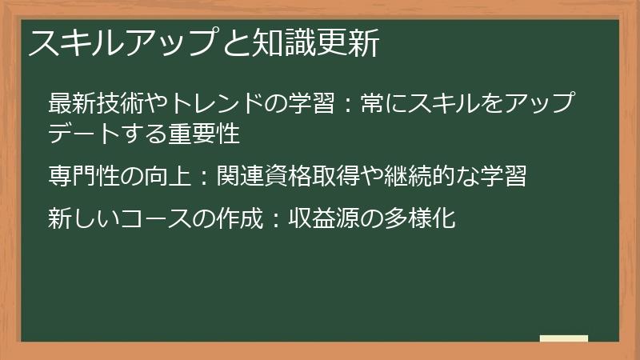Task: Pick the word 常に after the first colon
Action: (x=372, y=104)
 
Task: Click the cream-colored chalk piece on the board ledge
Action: (x=563, y=338)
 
